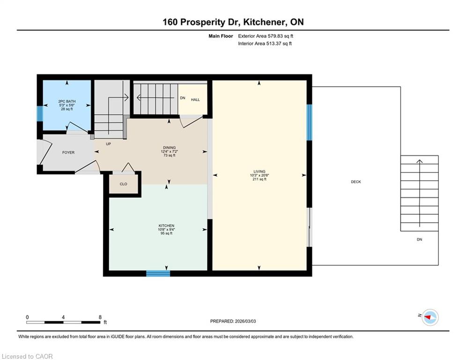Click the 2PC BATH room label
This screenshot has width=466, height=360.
coord(67,101)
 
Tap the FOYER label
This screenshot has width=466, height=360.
coord(68,152)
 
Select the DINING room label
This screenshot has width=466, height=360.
coord(170,148)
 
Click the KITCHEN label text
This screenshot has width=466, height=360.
coord(166,226)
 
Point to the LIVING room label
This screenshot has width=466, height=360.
coord(259,172)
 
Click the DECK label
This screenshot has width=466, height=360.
coord(356,182)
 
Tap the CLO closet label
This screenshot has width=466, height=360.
coord(123,184)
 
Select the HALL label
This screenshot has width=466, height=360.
coord(195,100)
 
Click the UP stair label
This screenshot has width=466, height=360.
coord(109,144)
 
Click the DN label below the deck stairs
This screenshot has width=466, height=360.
coord(419,240)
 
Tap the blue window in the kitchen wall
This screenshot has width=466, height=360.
coord(158,273)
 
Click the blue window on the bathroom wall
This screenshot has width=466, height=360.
coord(40,113)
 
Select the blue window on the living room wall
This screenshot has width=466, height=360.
coord(309,122)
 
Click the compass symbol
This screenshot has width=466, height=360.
coord(430,317)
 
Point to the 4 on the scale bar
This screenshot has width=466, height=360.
coord(63,317)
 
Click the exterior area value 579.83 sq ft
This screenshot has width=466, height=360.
coord(281,36)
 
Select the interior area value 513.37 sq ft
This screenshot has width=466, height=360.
coord(279,44)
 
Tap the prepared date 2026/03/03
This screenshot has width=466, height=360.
coord(245,321)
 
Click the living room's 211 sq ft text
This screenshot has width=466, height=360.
coord(259,180)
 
